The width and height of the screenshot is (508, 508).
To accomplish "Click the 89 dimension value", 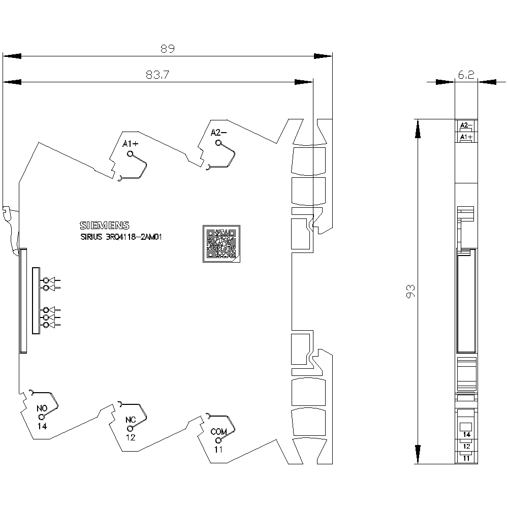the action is click(168, 49).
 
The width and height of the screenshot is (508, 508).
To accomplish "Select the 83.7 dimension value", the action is click(157, 75).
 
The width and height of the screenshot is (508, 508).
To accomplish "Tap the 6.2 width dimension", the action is click(466, 75).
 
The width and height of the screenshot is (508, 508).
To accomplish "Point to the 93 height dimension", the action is click(410, 291).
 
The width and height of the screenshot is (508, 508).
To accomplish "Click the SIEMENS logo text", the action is click(104, 226).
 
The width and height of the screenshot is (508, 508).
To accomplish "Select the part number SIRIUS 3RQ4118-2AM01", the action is click(121, 237).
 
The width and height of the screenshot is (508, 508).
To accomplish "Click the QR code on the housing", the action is click(221, 244).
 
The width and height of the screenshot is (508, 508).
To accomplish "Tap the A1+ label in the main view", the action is click(130, 144).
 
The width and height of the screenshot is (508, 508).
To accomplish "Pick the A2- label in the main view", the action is click(218, 133).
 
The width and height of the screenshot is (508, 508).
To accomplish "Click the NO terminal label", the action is click(42, 408).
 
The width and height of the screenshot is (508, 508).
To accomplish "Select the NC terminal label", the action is click(131, 420).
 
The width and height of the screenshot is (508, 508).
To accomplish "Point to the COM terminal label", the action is click(218, 432).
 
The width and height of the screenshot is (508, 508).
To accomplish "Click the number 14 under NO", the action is click(42, 426).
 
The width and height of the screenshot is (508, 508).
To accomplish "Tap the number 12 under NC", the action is click(131, 438).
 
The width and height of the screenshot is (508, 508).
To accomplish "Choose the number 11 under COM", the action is click(218, 450).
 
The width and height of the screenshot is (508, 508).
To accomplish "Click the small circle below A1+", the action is click(130, 154).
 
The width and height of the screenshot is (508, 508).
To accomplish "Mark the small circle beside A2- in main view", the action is click(218, 143).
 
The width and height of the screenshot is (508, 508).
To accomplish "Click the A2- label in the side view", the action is click(466, 125).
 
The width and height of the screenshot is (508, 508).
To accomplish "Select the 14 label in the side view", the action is click(466, 434).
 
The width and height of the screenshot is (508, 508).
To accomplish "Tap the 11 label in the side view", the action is click(466, 458).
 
